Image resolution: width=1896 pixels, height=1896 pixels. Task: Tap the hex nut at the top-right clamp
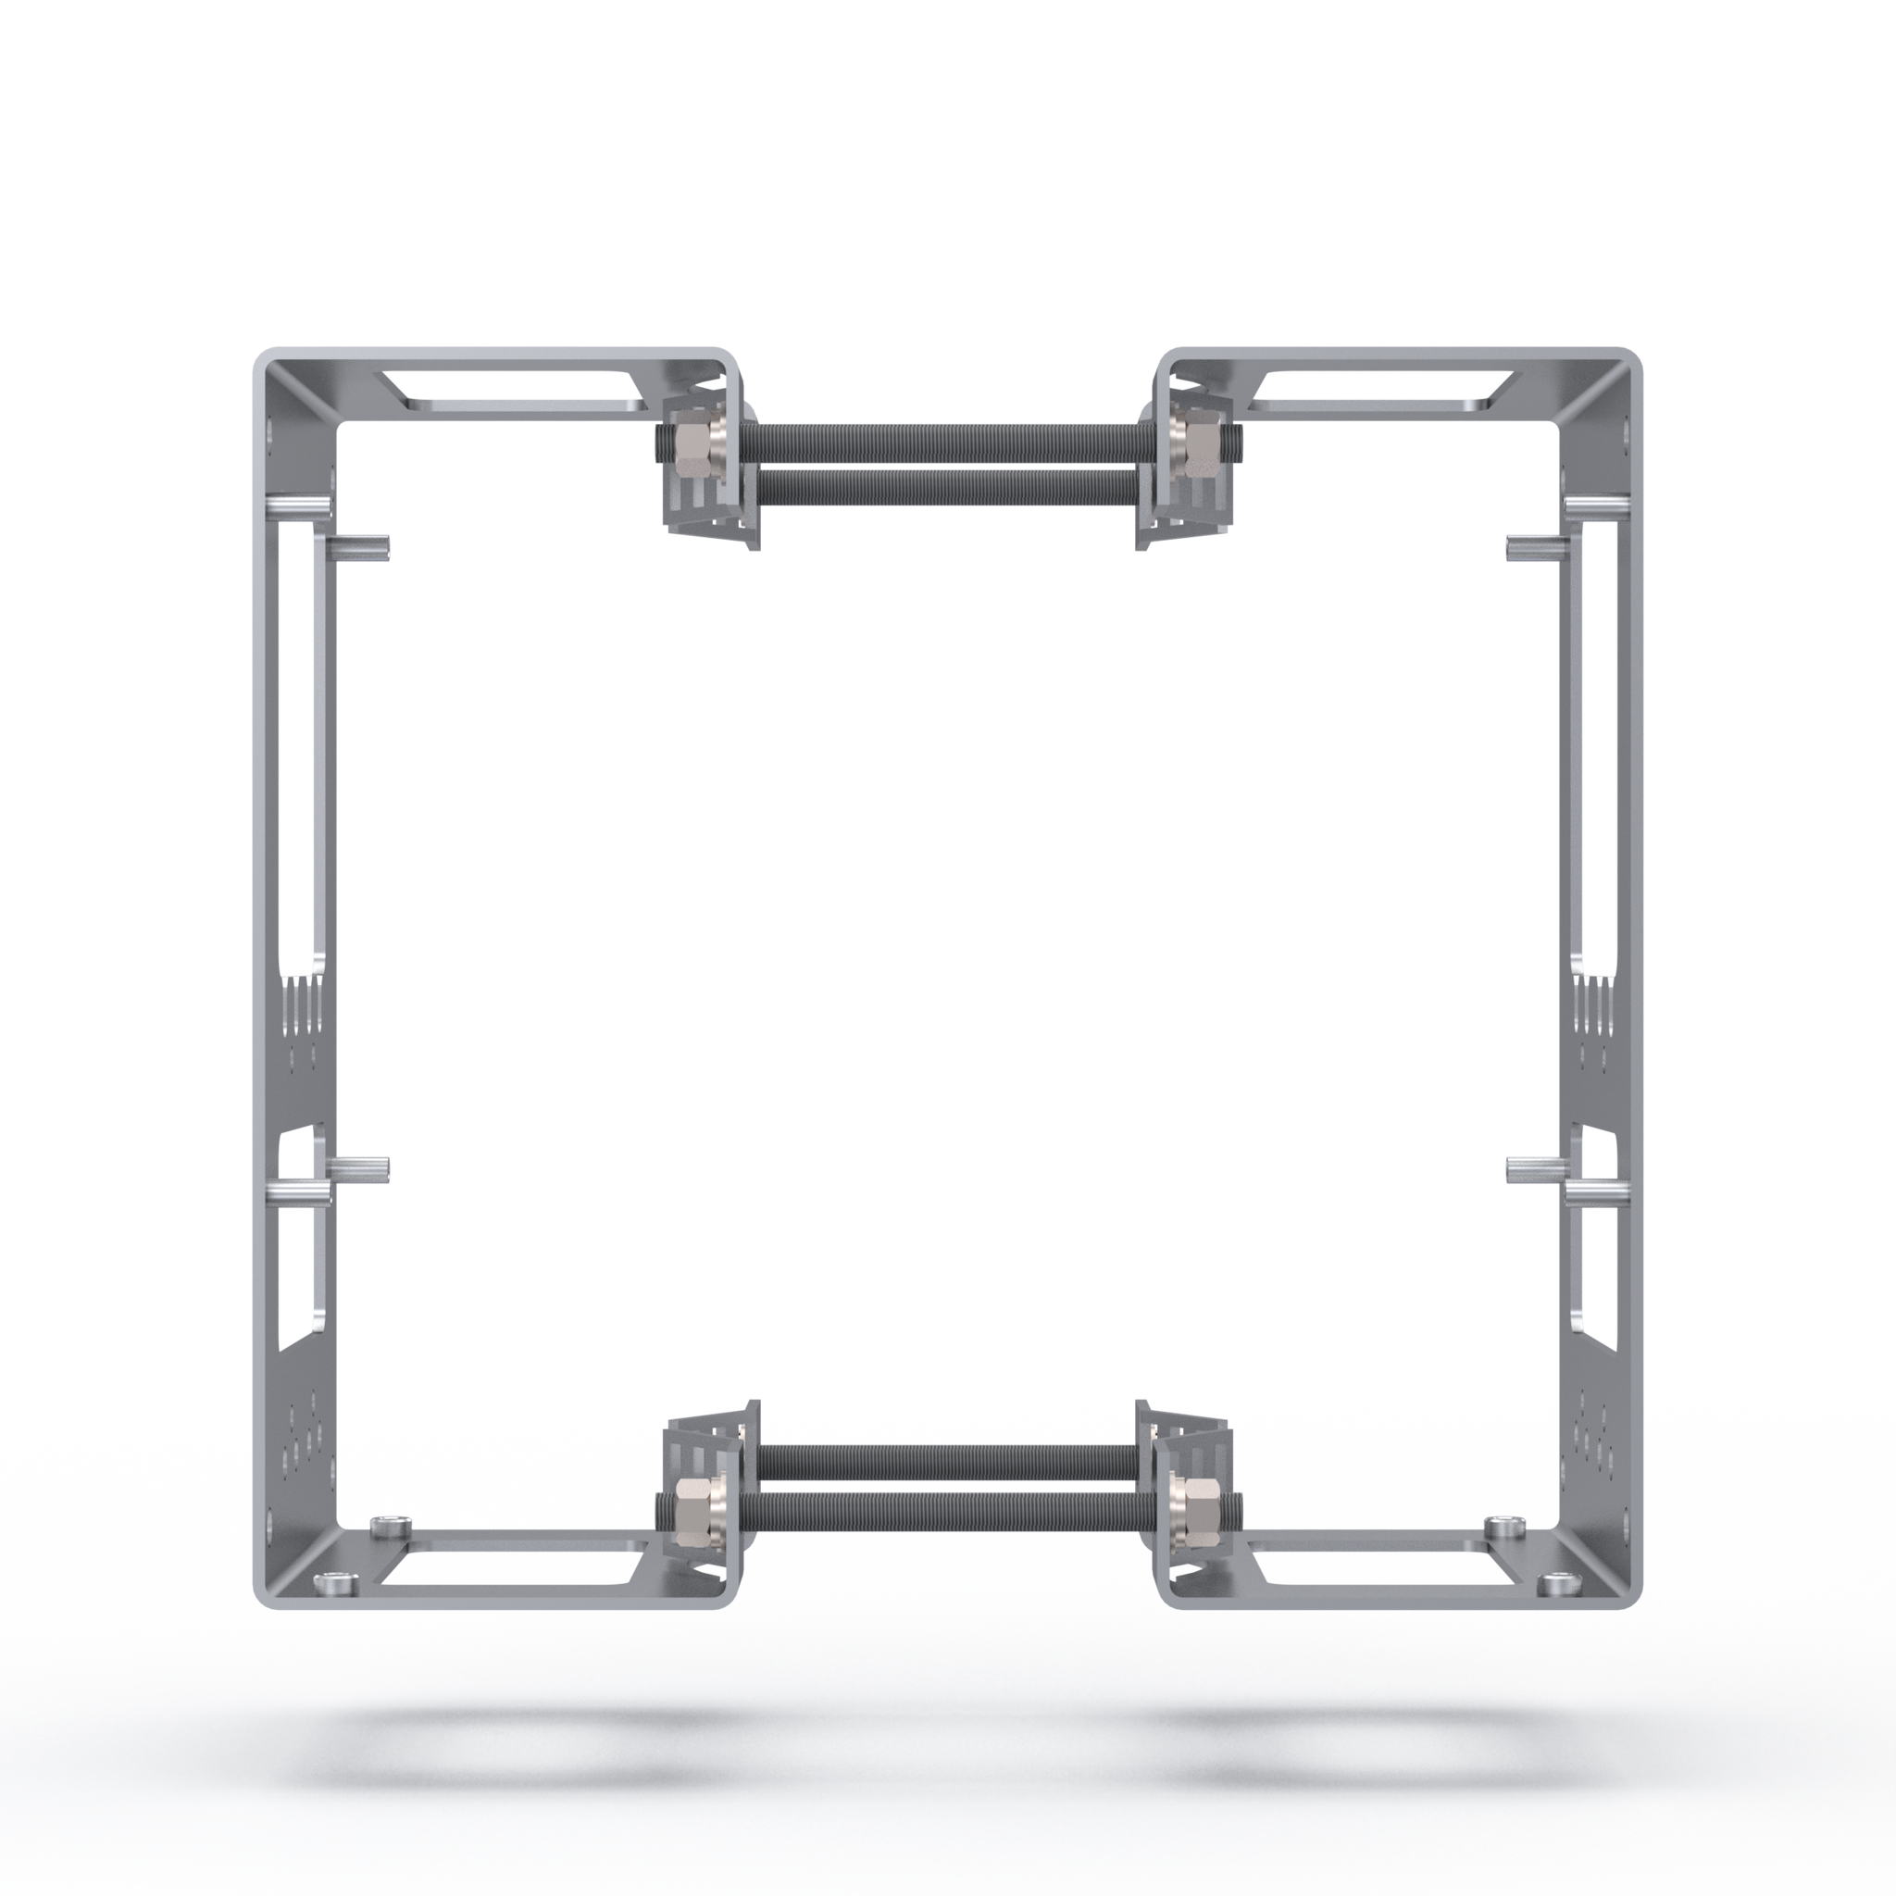point(1200,447)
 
